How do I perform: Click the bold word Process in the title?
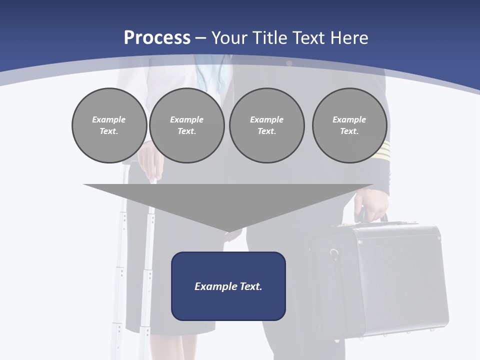(157, 38)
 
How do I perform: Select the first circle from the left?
(109, 125)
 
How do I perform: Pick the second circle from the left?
(186, 125)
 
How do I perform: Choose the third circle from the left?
(266, 125)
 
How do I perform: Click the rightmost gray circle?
(349, 125)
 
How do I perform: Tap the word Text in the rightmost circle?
(349, 131)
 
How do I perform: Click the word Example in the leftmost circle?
(109, 119)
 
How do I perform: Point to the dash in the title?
(200, 38)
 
